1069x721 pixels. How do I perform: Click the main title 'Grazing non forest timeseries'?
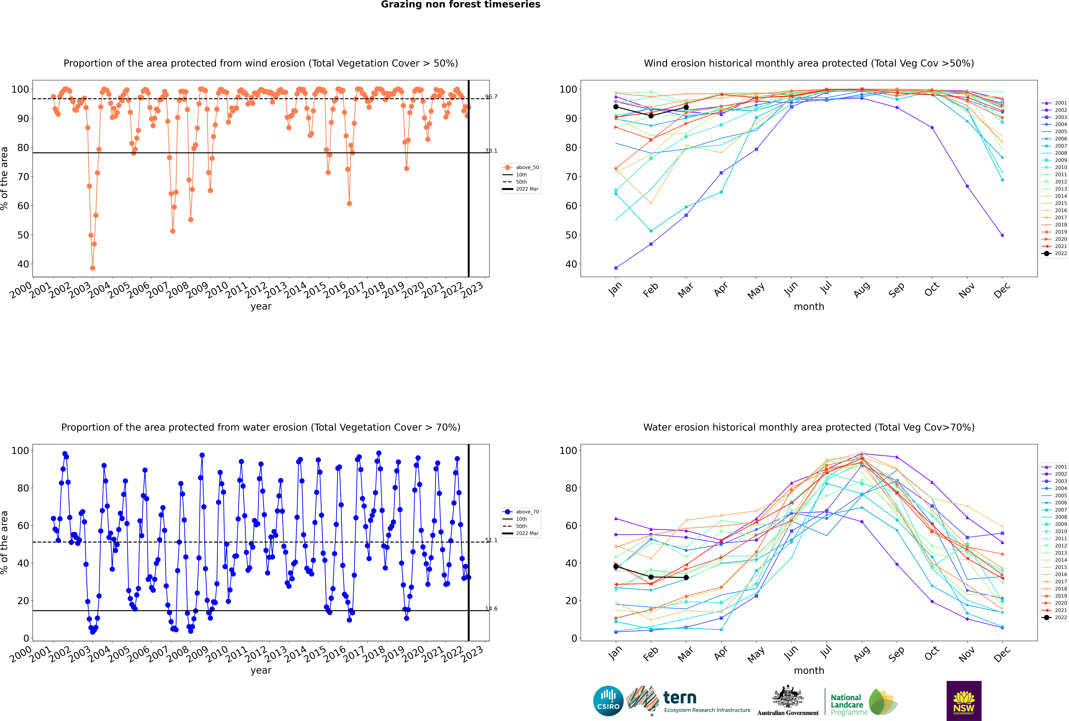461,5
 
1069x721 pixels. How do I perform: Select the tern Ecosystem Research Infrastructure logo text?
706,702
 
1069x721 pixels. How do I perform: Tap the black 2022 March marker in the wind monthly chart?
686,107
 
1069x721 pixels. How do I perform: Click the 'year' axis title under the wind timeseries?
261,306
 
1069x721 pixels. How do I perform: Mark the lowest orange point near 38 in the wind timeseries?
93,268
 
